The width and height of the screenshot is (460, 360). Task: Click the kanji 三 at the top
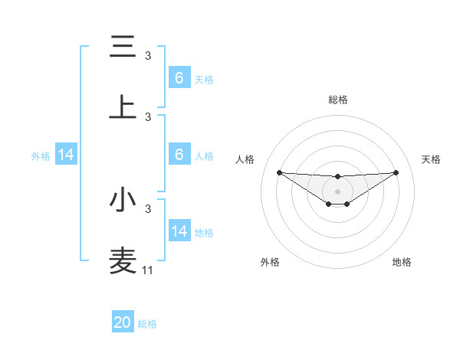(x=123, y=47)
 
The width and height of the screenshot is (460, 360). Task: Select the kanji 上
(x=123, y=107)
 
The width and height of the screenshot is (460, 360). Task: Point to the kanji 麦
(x=123, y=260)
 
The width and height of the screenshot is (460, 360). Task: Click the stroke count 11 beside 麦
(x=148, y=270)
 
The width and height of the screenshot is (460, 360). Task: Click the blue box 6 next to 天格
(x=179, y=78)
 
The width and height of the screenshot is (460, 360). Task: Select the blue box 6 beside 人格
(x=179, y=155)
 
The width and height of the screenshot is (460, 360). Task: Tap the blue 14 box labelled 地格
(x=179, y=231)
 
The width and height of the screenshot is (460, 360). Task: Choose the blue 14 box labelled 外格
(x=66, y=155)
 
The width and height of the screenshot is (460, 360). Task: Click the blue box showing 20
(x=123, y=322)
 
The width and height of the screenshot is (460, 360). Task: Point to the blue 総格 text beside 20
(x=147, y=324)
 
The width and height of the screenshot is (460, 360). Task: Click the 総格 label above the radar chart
(x=337, y=100)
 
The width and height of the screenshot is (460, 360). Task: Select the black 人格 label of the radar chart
(x=245, y=159)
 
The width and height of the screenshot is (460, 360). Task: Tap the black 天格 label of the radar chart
(x=431, y=159)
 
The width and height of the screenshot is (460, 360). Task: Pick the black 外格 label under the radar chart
(x=270, y=262)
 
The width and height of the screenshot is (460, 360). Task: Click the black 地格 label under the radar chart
(x=402, y=262)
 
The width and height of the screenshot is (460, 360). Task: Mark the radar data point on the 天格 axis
(x=396, y=172)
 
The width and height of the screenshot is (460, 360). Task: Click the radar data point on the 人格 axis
(x=279, y=172)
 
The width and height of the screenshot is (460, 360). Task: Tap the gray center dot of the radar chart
(x=337, y=191)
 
